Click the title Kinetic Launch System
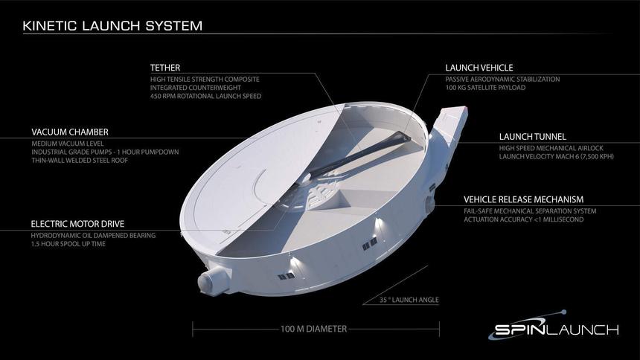(112, 27)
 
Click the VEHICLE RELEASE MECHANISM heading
(523, 199)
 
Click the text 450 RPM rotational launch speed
(205, 95)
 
